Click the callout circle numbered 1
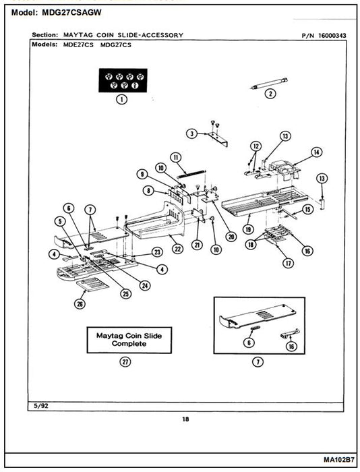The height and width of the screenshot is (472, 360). click(x=121, y=99)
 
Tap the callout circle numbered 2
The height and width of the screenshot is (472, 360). click(x=270, y=94)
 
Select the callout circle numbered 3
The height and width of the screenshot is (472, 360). click(x=191, y=134)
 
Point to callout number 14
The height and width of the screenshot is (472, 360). click(x=316, y=152)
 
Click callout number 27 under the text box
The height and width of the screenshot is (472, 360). click(x=125, y=361)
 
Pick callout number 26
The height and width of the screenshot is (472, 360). click(x=80, y=304)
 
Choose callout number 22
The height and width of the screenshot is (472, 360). click(x=177, y=249)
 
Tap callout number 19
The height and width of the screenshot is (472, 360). click(x=248, y=229)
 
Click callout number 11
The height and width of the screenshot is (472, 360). click(x=176, y=157)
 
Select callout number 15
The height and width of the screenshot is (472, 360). click(x=307, y=209)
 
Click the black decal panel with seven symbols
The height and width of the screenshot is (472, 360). click(x=123, y=80)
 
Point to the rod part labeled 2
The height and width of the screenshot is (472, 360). click(x=269, y=84)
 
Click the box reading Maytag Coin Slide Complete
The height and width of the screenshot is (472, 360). click(x=129, y=340)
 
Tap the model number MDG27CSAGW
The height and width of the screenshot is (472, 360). click(x=71, y=13)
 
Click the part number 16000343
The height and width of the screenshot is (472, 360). click(x=332, y=36)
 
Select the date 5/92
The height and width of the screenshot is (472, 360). click(x=41, y=406)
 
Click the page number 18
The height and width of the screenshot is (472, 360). click(x=185, y=419)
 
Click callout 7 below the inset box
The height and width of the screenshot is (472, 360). click(x=258, y=361)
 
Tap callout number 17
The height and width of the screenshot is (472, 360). click(x=288, y=264)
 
